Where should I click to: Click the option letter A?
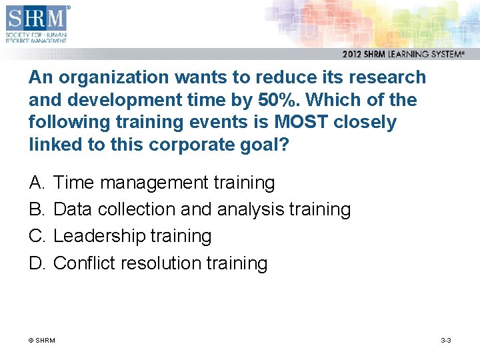(36, 183)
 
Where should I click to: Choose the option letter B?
(36, 209)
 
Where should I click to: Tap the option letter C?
(36, 236)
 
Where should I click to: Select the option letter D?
(36, 263)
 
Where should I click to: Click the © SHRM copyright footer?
(41, 341)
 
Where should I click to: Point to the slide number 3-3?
(446, 341)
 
